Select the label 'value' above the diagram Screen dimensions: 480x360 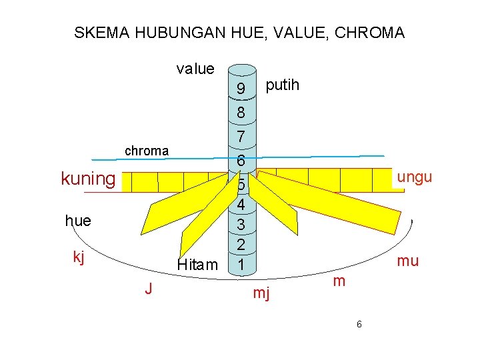[x=195, y=69]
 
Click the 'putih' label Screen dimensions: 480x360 [x=283, y=85]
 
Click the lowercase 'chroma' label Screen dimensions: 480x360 [x=147, y=151]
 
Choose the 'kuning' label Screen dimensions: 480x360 [x=88, y=179]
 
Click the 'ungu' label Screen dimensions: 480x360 [x=415, y=177]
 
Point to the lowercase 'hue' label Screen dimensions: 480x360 [x=78, y=221]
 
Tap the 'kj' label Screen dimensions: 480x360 [x=79, y=257]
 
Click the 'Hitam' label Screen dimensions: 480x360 [x=197, y=265]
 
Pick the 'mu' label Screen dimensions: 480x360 [x=407, y=261]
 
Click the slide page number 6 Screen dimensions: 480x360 [x=359, y=324]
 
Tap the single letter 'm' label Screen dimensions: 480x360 [x=339, y=282]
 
